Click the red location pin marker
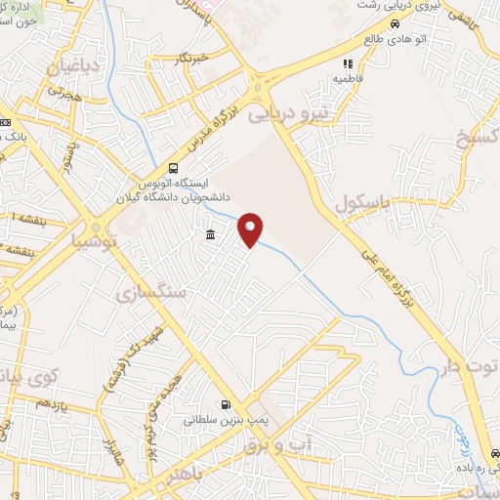point(252,229)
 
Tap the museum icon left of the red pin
point(211,234)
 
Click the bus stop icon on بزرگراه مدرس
point(173,167)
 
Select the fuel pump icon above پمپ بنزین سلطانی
point(227,405)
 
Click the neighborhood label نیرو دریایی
point(292,114)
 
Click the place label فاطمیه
point(348,77)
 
